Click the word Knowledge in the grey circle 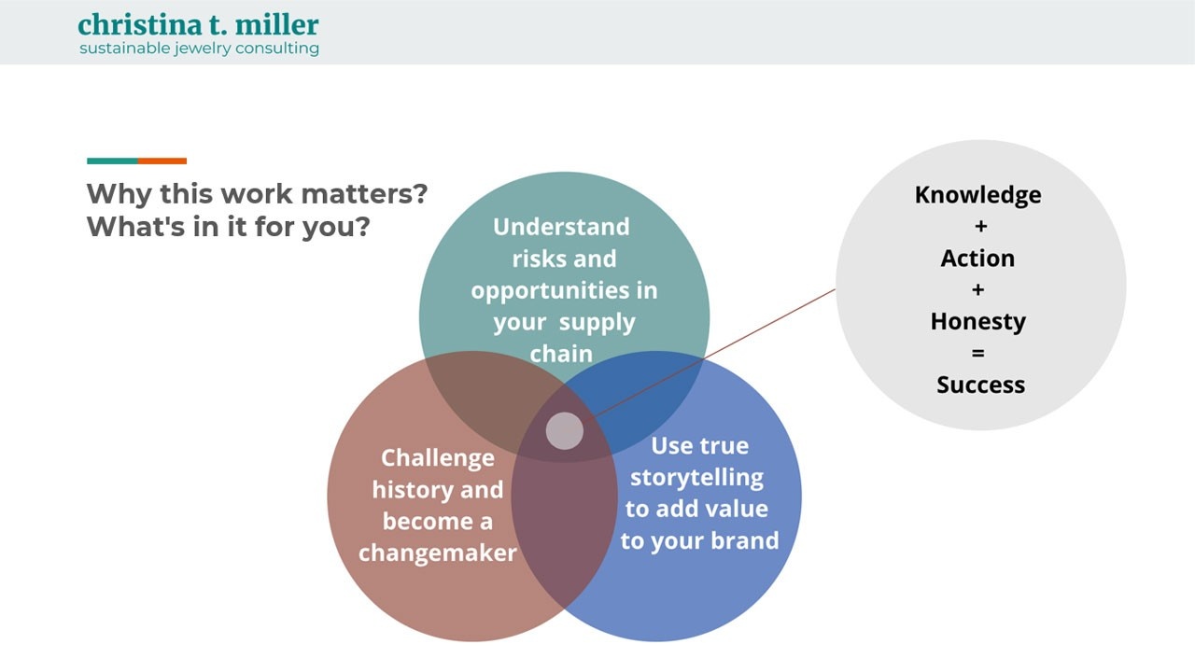click(x=977, y=195)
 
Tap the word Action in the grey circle click(x=977, y=259)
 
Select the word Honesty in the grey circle click(x=977, y=322)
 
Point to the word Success click(x=980, y=385)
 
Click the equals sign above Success click(x=978, y=354)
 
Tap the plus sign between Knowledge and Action click(x=979, y=227)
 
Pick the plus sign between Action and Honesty click(x=978, y=290)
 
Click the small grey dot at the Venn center click(x=564, y=431)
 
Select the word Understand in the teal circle click(x=561, y=227)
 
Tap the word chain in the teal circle click(x=561, y=354)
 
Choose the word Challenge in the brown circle click(x=437, y=458)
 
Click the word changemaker click(x=437, y=553)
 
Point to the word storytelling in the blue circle click(x=696, y=478)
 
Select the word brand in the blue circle click(x=744, y=541)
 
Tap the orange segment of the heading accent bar click(x=162, y=161)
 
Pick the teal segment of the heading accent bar click(x=112, y=161)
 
